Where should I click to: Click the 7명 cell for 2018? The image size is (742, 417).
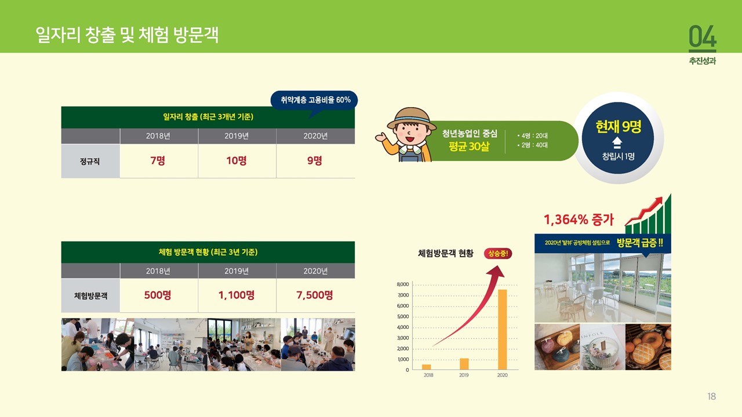tap(159, 161)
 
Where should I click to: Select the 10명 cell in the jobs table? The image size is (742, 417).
tap(237, 161)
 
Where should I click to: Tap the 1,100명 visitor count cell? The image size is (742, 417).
tap(237, 295)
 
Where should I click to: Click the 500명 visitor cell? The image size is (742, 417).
tap(159, 295)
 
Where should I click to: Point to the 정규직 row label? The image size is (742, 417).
tap(90, 161)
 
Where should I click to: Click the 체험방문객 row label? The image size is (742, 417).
tap(90, 295)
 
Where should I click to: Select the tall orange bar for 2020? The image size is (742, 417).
tap(502, 330)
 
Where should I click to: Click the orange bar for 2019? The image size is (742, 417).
tap(464, 364)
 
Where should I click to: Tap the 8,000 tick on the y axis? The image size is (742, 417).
tap(403, 284)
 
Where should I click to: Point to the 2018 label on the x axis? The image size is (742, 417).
tap(428, 375)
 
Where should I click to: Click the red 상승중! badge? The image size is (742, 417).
tap(498, 254)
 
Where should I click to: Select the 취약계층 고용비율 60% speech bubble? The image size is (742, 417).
tap(314, 100)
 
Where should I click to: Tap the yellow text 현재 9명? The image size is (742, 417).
tap(618, 126)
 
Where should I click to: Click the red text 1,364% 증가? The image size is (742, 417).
tap(579, 220)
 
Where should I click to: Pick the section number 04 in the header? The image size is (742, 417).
tap(702, 36)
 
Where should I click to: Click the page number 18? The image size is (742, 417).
tap(711, 396)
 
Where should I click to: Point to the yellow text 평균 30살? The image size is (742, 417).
tap(469, 147)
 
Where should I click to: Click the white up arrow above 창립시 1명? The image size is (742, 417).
tap(617, 142)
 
